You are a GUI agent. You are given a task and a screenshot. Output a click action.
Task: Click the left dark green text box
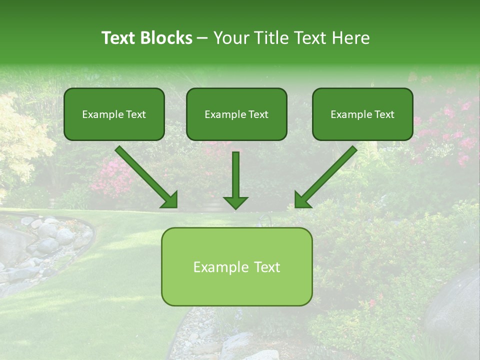pos(114,114)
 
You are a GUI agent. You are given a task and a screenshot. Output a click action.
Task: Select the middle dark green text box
pos(236,114)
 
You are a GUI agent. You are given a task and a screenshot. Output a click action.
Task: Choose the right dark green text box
pos(362,114)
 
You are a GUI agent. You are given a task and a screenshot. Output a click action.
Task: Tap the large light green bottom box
pos(236,266)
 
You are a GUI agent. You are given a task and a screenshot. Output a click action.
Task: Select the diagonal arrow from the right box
pos(326,176)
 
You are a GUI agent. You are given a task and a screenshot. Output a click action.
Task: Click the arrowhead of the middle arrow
pos(235,202)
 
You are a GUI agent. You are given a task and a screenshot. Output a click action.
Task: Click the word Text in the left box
pos(136,114)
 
